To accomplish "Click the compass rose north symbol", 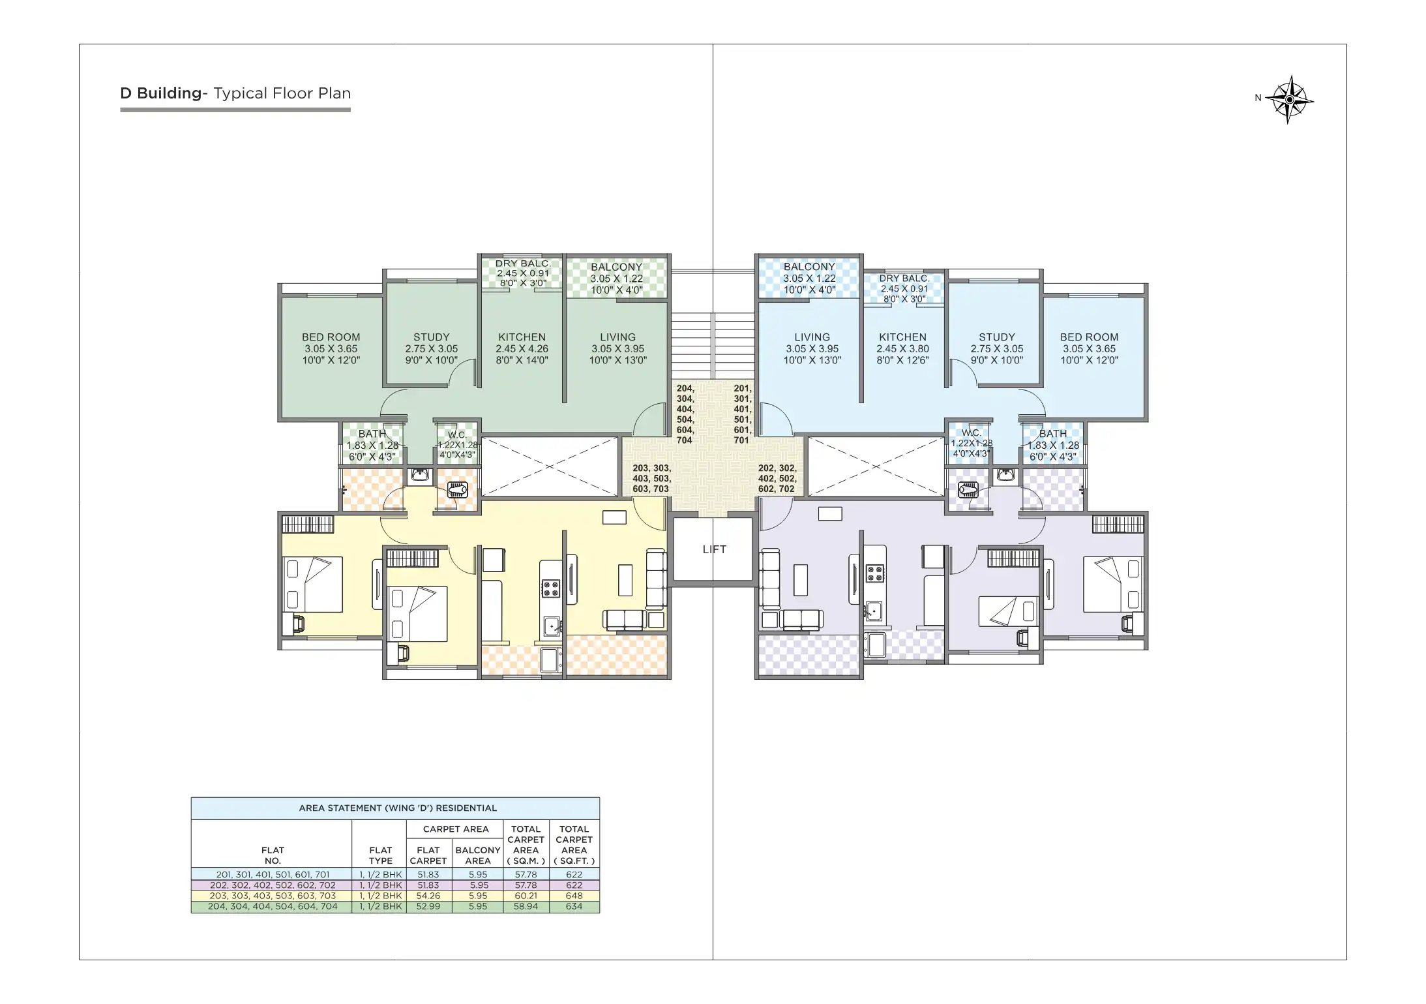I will (1289, 99).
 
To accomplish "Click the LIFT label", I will (714, 549).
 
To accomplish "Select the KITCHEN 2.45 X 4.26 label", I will (522, 348).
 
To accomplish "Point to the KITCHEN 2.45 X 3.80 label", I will (902, 348).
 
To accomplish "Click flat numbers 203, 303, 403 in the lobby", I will (651, 478).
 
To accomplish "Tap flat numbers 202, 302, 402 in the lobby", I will (777, 478).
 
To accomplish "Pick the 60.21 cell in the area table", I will (526, 896).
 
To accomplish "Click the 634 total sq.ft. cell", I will (574, 906).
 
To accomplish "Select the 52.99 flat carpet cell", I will (428, 906).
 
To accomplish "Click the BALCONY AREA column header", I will (477, 855).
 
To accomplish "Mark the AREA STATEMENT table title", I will (397, 808).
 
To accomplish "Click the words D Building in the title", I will (160, 93).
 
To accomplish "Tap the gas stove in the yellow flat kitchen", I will (550, 589).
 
